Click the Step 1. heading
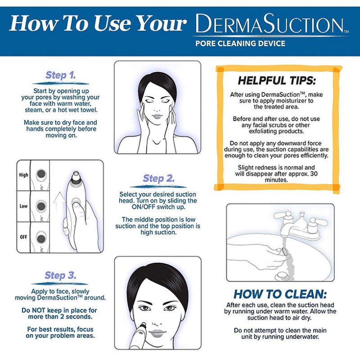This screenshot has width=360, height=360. point(60,75)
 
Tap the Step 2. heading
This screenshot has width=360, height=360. point(158,179)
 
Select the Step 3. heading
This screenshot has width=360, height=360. point(60,275)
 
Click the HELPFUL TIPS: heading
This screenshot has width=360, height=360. point(277,81)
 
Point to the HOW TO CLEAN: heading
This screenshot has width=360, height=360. point(280,294)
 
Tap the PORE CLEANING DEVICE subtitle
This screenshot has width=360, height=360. point(240,44)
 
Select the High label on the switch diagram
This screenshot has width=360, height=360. point(23,175)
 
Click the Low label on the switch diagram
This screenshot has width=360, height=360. point(23,206)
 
